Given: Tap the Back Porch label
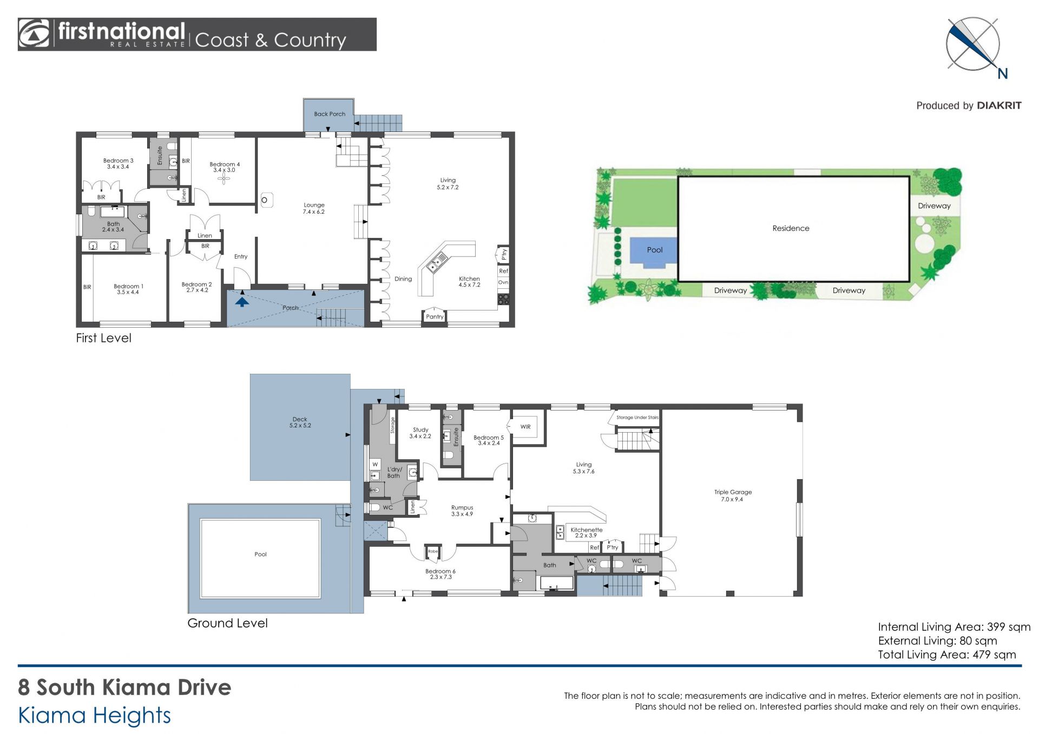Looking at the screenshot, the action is point(330,114).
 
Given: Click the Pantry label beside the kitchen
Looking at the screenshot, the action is point(435,317).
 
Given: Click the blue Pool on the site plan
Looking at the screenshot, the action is point(654,253).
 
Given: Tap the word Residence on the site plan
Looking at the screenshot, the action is point(791,228).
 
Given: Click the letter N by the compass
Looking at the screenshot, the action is point(1002,74).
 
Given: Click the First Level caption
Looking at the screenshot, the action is point(103,338).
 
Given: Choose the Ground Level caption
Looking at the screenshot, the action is point(227,623).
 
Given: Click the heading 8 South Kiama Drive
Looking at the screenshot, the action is point(124,687).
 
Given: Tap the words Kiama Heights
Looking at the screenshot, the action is point(95,716).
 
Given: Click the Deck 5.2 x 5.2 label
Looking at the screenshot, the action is point(300,422).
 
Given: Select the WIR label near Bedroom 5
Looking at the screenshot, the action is point(525,427).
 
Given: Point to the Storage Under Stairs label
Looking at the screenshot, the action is point(637,418).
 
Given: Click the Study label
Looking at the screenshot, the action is point(420,430).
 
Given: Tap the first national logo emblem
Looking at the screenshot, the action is point(34,34).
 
